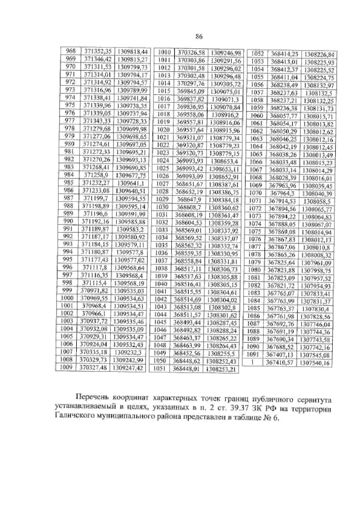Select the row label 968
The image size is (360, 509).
pyautogui.click(x=71, y=51)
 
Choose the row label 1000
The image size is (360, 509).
pyautogui.click(x=67, y=298)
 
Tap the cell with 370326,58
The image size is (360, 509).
pyautogui.click(x=191, y=53)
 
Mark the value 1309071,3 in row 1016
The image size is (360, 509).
pyautogui.click(x=225, y=99)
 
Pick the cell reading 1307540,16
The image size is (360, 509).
pyautogui.click(x=315, y=363)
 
